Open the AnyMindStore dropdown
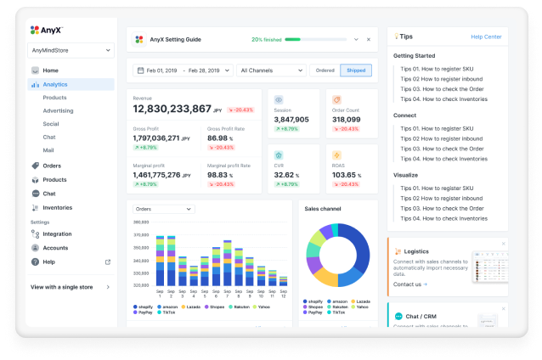pos(71,50)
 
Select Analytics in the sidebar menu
pos(55,84)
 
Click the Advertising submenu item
pos(58,110)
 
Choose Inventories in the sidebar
pos(57,207)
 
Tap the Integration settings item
pos(57,233)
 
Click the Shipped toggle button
pos(355,70)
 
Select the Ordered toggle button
pos(323,70)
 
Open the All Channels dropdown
pos(271,70)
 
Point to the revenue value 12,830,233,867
pos(172,110)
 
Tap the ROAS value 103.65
pos(344,174)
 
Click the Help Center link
pos(486,37)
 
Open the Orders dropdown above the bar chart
pos(164,209)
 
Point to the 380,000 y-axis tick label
pos(142,222)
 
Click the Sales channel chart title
pos(324,208)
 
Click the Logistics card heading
pos(416,251)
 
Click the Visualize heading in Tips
pos(405,175)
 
